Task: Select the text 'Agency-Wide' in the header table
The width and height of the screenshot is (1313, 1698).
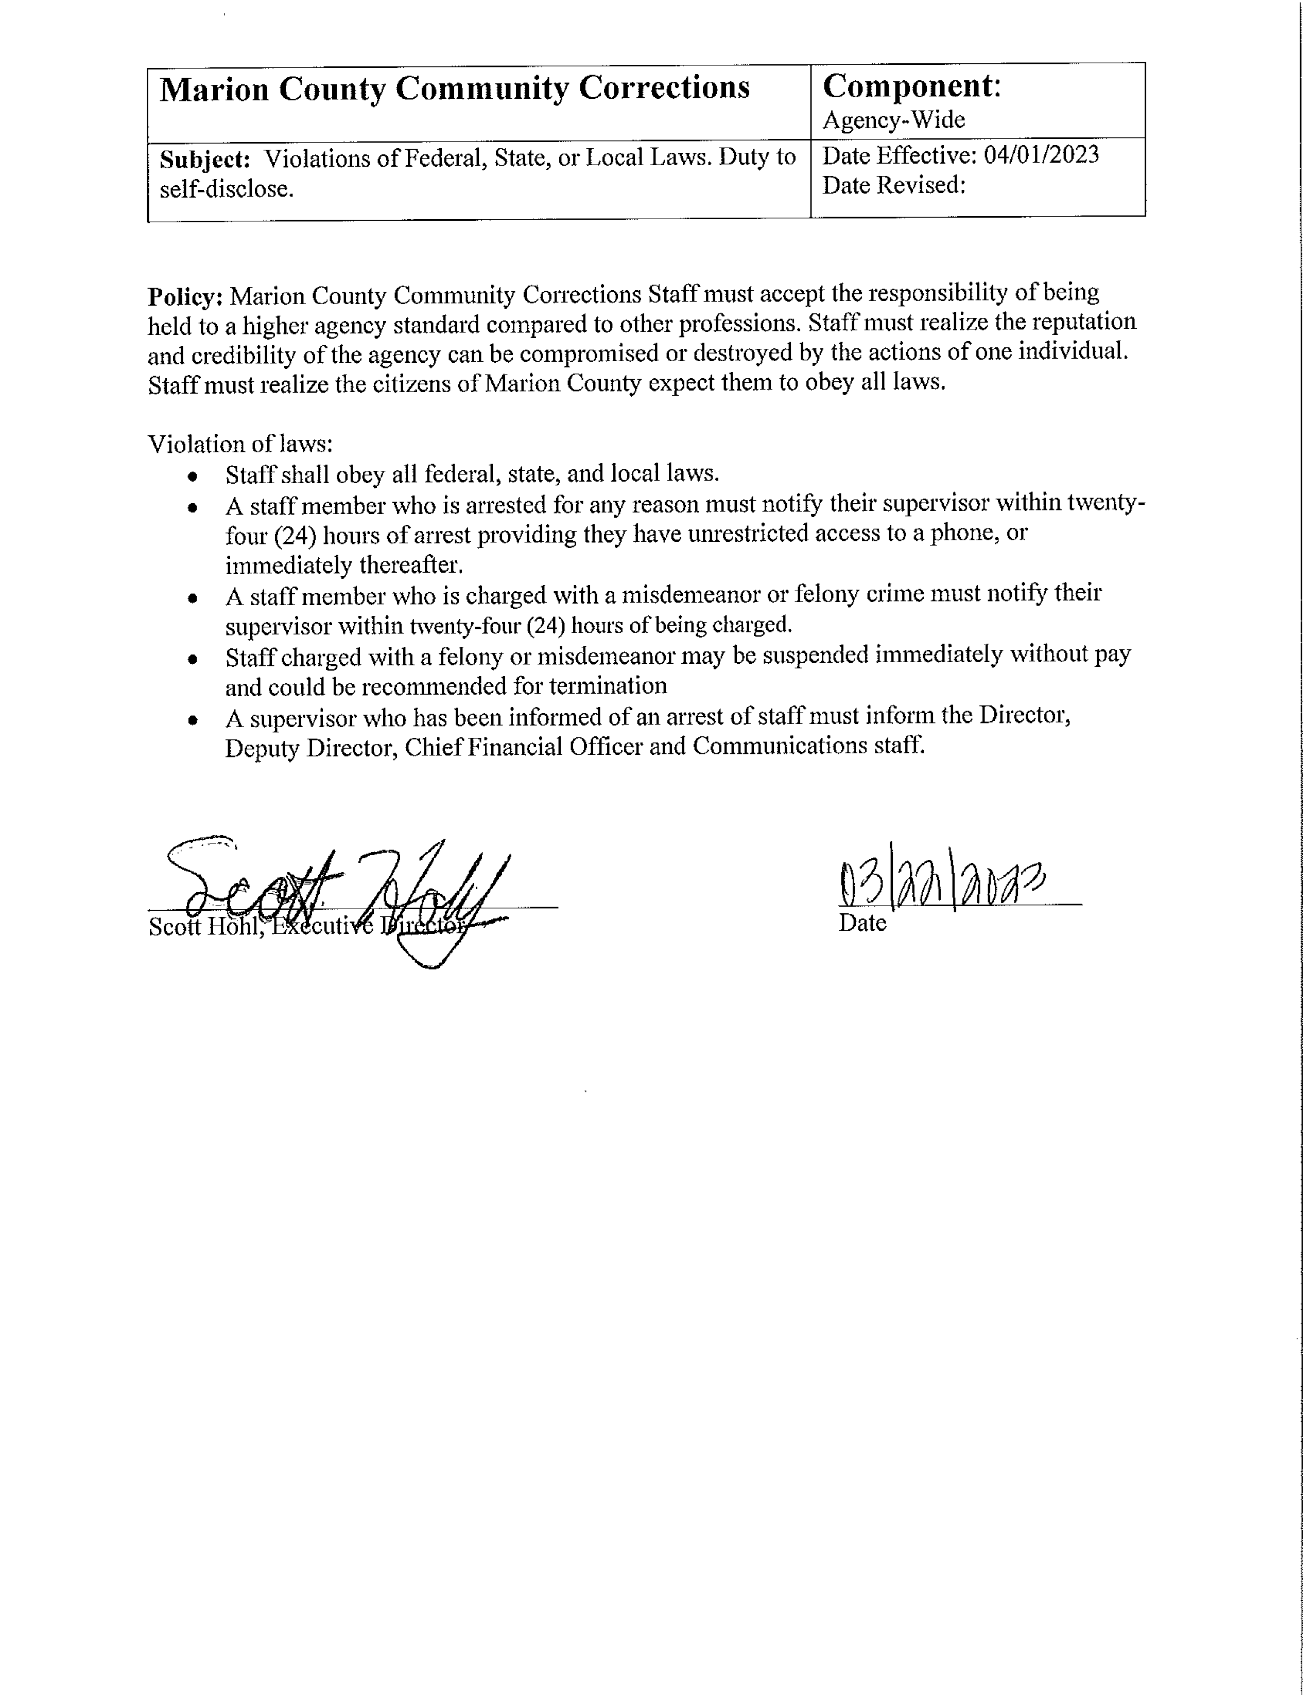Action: tap(894, 120)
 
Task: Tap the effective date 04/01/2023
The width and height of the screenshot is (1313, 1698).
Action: tap(1042, 155)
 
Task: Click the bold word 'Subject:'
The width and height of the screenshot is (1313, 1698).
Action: tap(204, 160)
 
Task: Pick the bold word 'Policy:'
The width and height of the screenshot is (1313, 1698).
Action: tap(186, 296)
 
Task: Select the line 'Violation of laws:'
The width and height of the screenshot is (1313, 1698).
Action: tap(240, 444)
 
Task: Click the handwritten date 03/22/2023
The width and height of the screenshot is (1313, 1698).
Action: tap(941, 885)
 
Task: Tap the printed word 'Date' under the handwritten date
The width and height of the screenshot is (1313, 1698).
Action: tap(862, 923)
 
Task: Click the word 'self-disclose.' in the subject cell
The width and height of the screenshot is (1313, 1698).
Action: tap(227, 189)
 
